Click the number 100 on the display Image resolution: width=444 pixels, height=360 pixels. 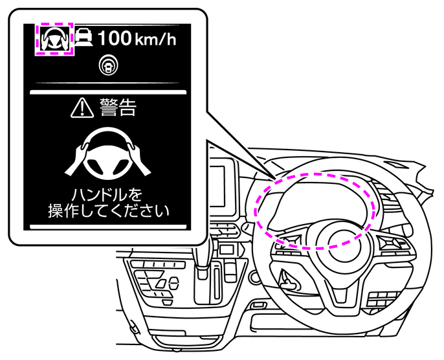(x=115, y=38)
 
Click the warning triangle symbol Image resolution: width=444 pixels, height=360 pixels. (x=83, y=108)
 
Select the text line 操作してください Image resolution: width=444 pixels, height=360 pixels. (x=107, y=211)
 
